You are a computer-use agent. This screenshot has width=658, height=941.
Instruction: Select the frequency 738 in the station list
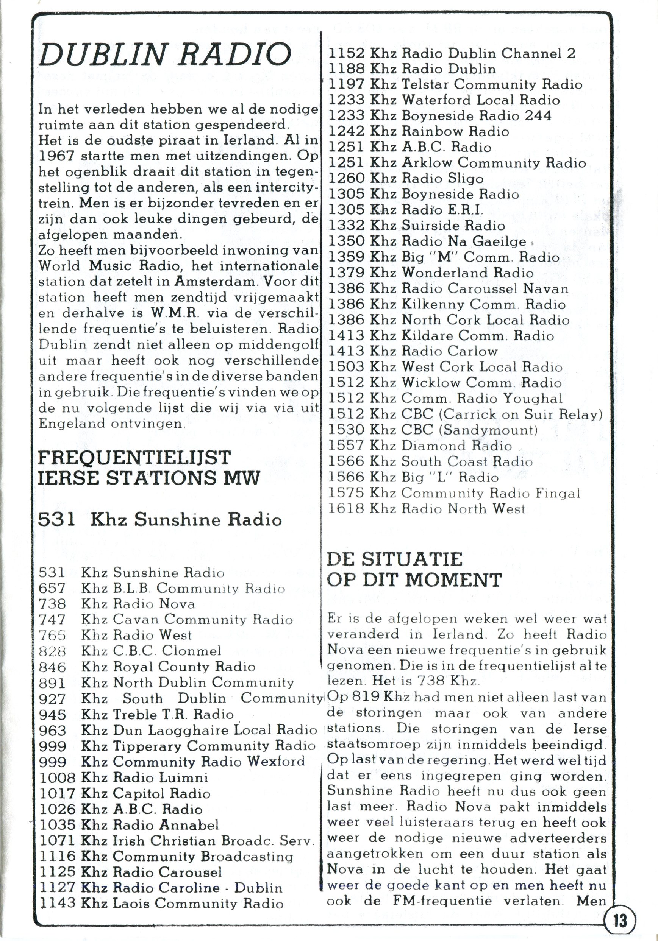coord(52,604)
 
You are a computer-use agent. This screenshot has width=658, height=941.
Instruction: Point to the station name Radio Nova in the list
coord(154,604)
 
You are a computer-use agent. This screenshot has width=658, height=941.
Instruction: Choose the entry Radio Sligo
coord(442,178)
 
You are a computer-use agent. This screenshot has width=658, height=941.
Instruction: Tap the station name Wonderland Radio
coord(468,273)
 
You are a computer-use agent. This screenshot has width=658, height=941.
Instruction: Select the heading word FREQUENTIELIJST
coord(134,458)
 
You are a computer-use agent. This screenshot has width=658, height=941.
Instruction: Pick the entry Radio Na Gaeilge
coord(464,241)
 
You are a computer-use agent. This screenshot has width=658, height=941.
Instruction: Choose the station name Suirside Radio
coord(453,226)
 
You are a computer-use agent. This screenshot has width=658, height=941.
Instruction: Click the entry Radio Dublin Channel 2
coord(489,53)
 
